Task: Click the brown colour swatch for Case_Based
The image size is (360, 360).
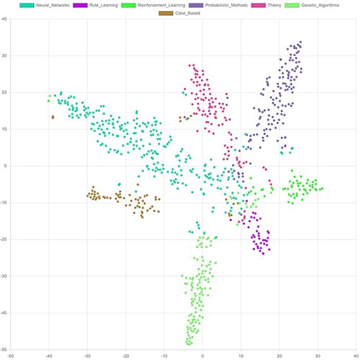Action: (x=167, y=13)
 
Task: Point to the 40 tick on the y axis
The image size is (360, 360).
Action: (x=4, y=19)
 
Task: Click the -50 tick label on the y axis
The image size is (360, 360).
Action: (x=3, y=350)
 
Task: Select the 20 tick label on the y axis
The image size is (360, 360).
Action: (x=4, y=92)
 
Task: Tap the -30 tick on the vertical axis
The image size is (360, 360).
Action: (x=3, y=276)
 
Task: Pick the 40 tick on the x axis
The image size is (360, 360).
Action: (x=356, y=355)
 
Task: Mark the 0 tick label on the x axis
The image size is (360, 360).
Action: (x=203, y=355)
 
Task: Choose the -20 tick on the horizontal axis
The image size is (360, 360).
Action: (x=125, y=355)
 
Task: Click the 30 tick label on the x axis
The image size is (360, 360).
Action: (x=318, y=355)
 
